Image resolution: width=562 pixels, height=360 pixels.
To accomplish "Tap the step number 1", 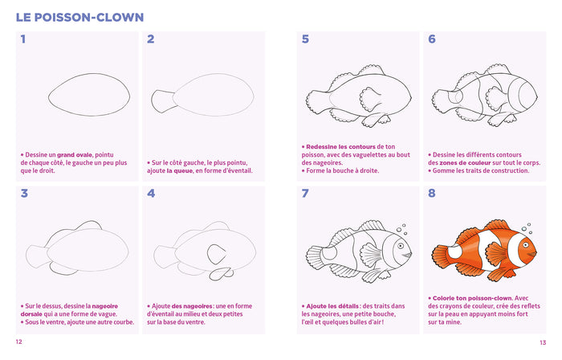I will coord(23,39).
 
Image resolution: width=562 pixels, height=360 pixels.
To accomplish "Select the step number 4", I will coord(151,193).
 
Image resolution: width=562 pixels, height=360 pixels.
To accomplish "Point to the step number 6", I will coord(432,39).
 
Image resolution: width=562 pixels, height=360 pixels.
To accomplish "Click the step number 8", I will coord(432,193).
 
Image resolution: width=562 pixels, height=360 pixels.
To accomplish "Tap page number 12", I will coord(18,342).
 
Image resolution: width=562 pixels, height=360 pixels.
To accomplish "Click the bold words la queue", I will coord(184,170).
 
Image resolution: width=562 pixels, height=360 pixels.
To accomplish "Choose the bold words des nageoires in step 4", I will coord(185,306).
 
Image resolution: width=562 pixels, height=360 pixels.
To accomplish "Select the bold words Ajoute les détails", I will coord(331,306).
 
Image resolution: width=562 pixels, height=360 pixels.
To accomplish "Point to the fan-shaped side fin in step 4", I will coord(218,255).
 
